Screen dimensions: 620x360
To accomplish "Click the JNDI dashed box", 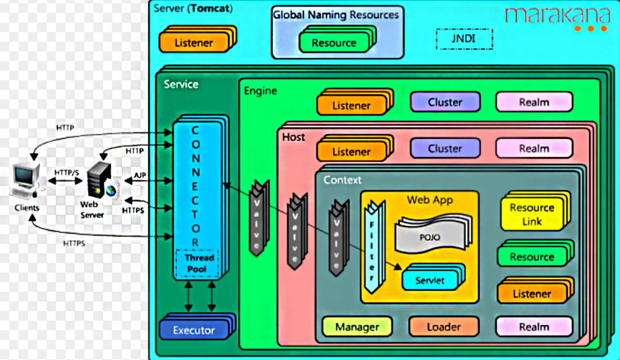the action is pos(464,39).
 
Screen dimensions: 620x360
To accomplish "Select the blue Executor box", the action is pos(197,327).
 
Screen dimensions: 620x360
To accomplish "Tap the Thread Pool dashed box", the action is pos(197,263).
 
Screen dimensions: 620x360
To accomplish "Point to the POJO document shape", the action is pos(433,234).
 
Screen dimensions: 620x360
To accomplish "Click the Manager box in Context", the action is pos(357,327).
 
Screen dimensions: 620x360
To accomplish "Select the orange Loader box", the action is pos(444,327).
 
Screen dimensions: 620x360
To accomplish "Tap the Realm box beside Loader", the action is pos(534,327).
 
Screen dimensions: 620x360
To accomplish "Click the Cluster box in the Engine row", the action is pos(445,102).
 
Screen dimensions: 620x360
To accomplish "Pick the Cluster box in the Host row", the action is pos(445,148).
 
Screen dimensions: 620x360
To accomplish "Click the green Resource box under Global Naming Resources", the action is pos(338,40).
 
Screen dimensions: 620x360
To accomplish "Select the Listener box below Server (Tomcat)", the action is pos(198,39).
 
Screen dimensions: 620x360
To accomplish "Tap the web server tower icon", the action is pos(101,180).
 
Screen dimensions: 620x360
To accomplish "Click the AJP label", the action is pos(140,175).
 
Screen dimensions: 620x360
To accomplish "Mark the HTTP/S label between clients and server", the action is pos(67,173).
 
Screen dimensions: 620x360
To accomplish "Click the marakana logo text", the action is pos(558,16).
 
